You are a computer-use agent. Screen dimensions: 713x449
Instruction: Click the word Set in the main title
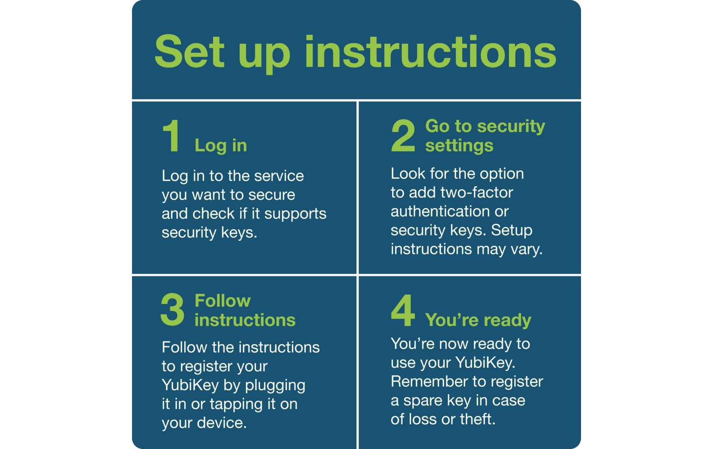tap(190, 52)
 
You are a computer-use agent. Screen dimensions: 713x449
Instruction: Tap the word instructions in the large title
tap(430, 52)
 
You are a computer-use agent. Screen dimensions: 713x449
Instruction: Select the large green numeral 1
tap(172, 136)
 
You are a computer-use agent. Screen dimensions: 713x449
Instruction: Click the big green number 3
tap(172, 310)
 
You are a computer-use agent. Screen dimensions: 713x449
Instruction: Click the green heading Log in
tap(220, 146)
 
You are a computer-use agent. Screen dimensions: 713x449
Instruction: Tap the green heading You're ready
tap(478, 320)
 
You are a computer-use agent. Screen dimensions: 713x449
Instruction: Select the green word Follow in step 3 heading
tap(223, 301)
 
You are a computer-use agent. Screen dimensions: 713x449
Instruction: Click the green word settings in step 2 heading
tap(459, 146)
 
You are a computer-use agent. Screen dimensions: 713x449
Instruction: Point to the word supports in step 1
tap(295, 214)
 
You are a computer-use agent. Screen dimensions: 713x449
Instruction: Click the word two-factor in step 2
tap(477, 193)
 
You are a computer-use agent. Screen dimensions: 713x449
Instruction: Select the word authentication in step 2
tap(440, 211)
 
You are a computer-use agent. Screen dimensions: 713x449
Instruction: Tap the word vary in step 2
tap(527, 250)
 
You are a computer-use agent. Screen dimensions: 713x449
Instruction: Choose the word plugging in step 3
tap(275, 386)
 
